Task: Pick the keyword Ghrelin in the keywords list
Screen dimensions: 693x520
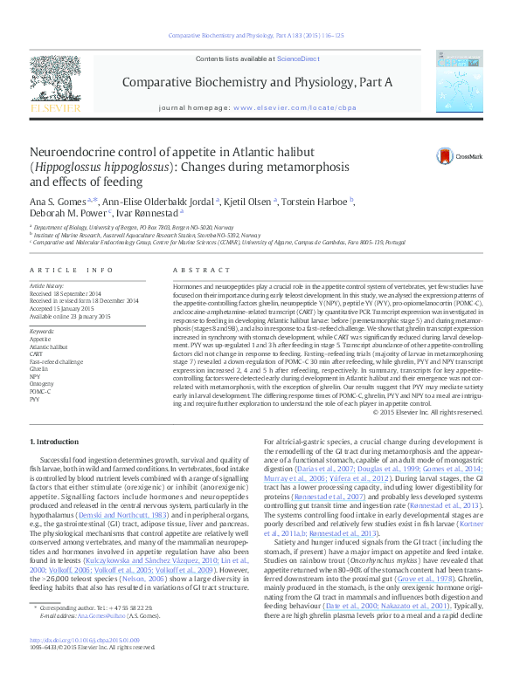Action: [x=38, y=368]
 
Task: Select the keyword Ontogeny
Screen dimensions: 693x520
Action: [x=40, y=383]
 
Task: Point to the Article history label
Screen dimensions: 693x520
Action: [x=48, y=285]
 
